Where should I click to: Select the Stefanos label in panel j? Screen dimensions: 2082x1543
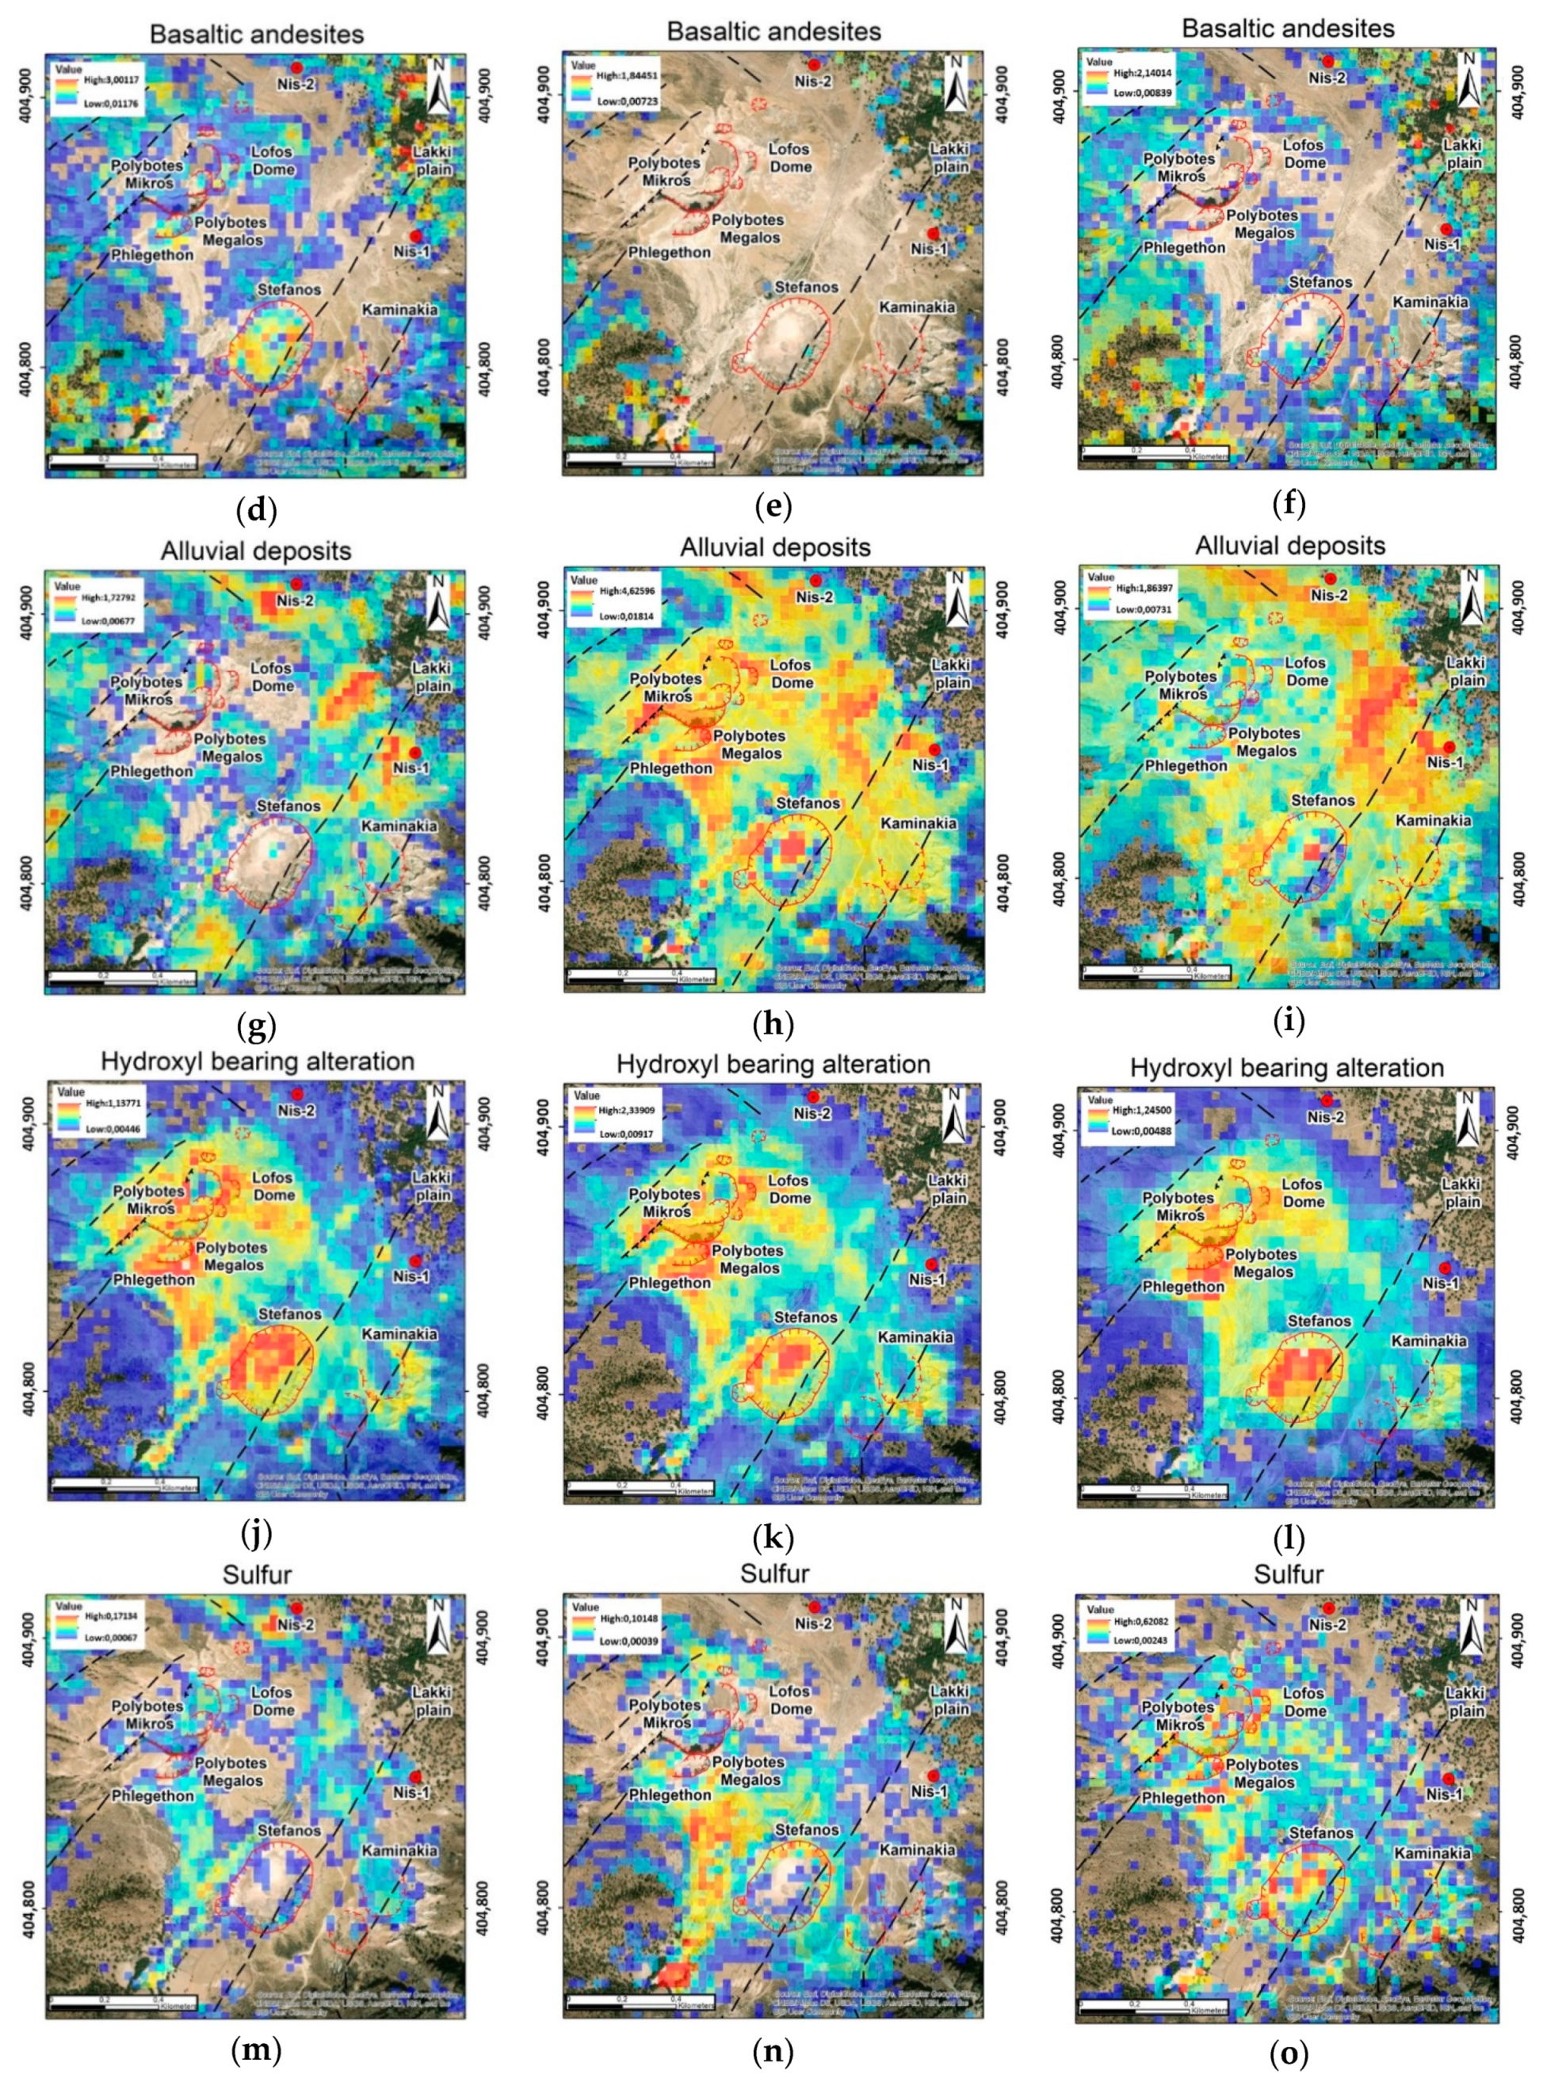click(x=289, y=1314)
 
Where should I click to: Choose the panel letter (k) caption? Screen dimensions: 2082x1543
click(x=773, y=1537)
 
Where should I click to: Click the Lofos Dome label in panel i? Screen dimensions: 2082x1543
click(x=1304, y=671)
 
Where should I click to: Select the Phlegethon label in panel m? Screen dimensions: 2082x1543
click(x=152, y=1795)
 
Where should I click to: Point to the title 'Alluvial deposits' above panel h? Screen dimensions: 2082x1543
click(x=774, y=547)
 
